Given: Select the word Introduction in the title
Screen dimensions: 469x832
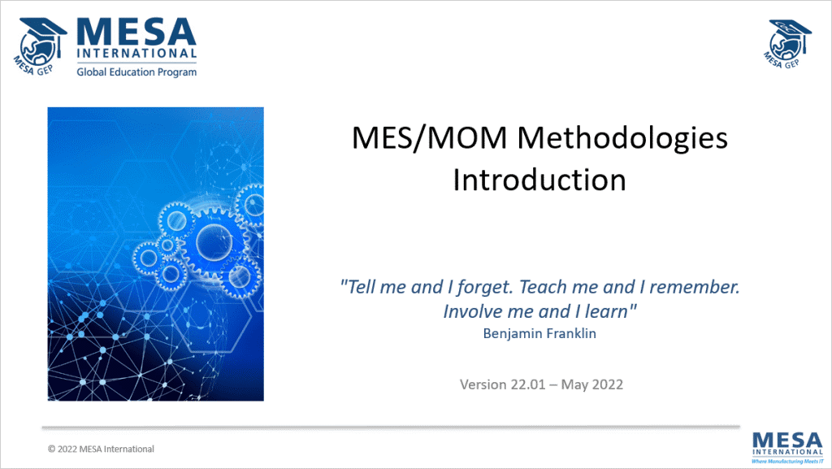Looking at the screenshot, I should (539, 179).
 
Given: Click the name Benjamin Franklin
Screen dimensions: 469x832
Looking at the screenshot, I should (539, 333).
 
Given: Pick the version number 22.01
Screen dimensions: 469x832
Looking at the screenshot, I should (531, 384).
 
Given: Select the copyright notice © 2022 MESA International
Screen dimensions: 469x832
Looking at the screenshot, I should (101, 449).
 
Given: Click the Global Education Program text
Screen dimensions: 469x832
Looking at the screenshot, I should (136, 72).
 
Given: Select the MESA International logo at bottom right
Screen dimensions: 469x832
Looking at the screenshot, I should (786, 445).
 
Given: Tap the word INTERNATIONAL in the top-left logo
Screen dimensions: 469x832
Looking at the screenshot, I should (136, 55).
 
